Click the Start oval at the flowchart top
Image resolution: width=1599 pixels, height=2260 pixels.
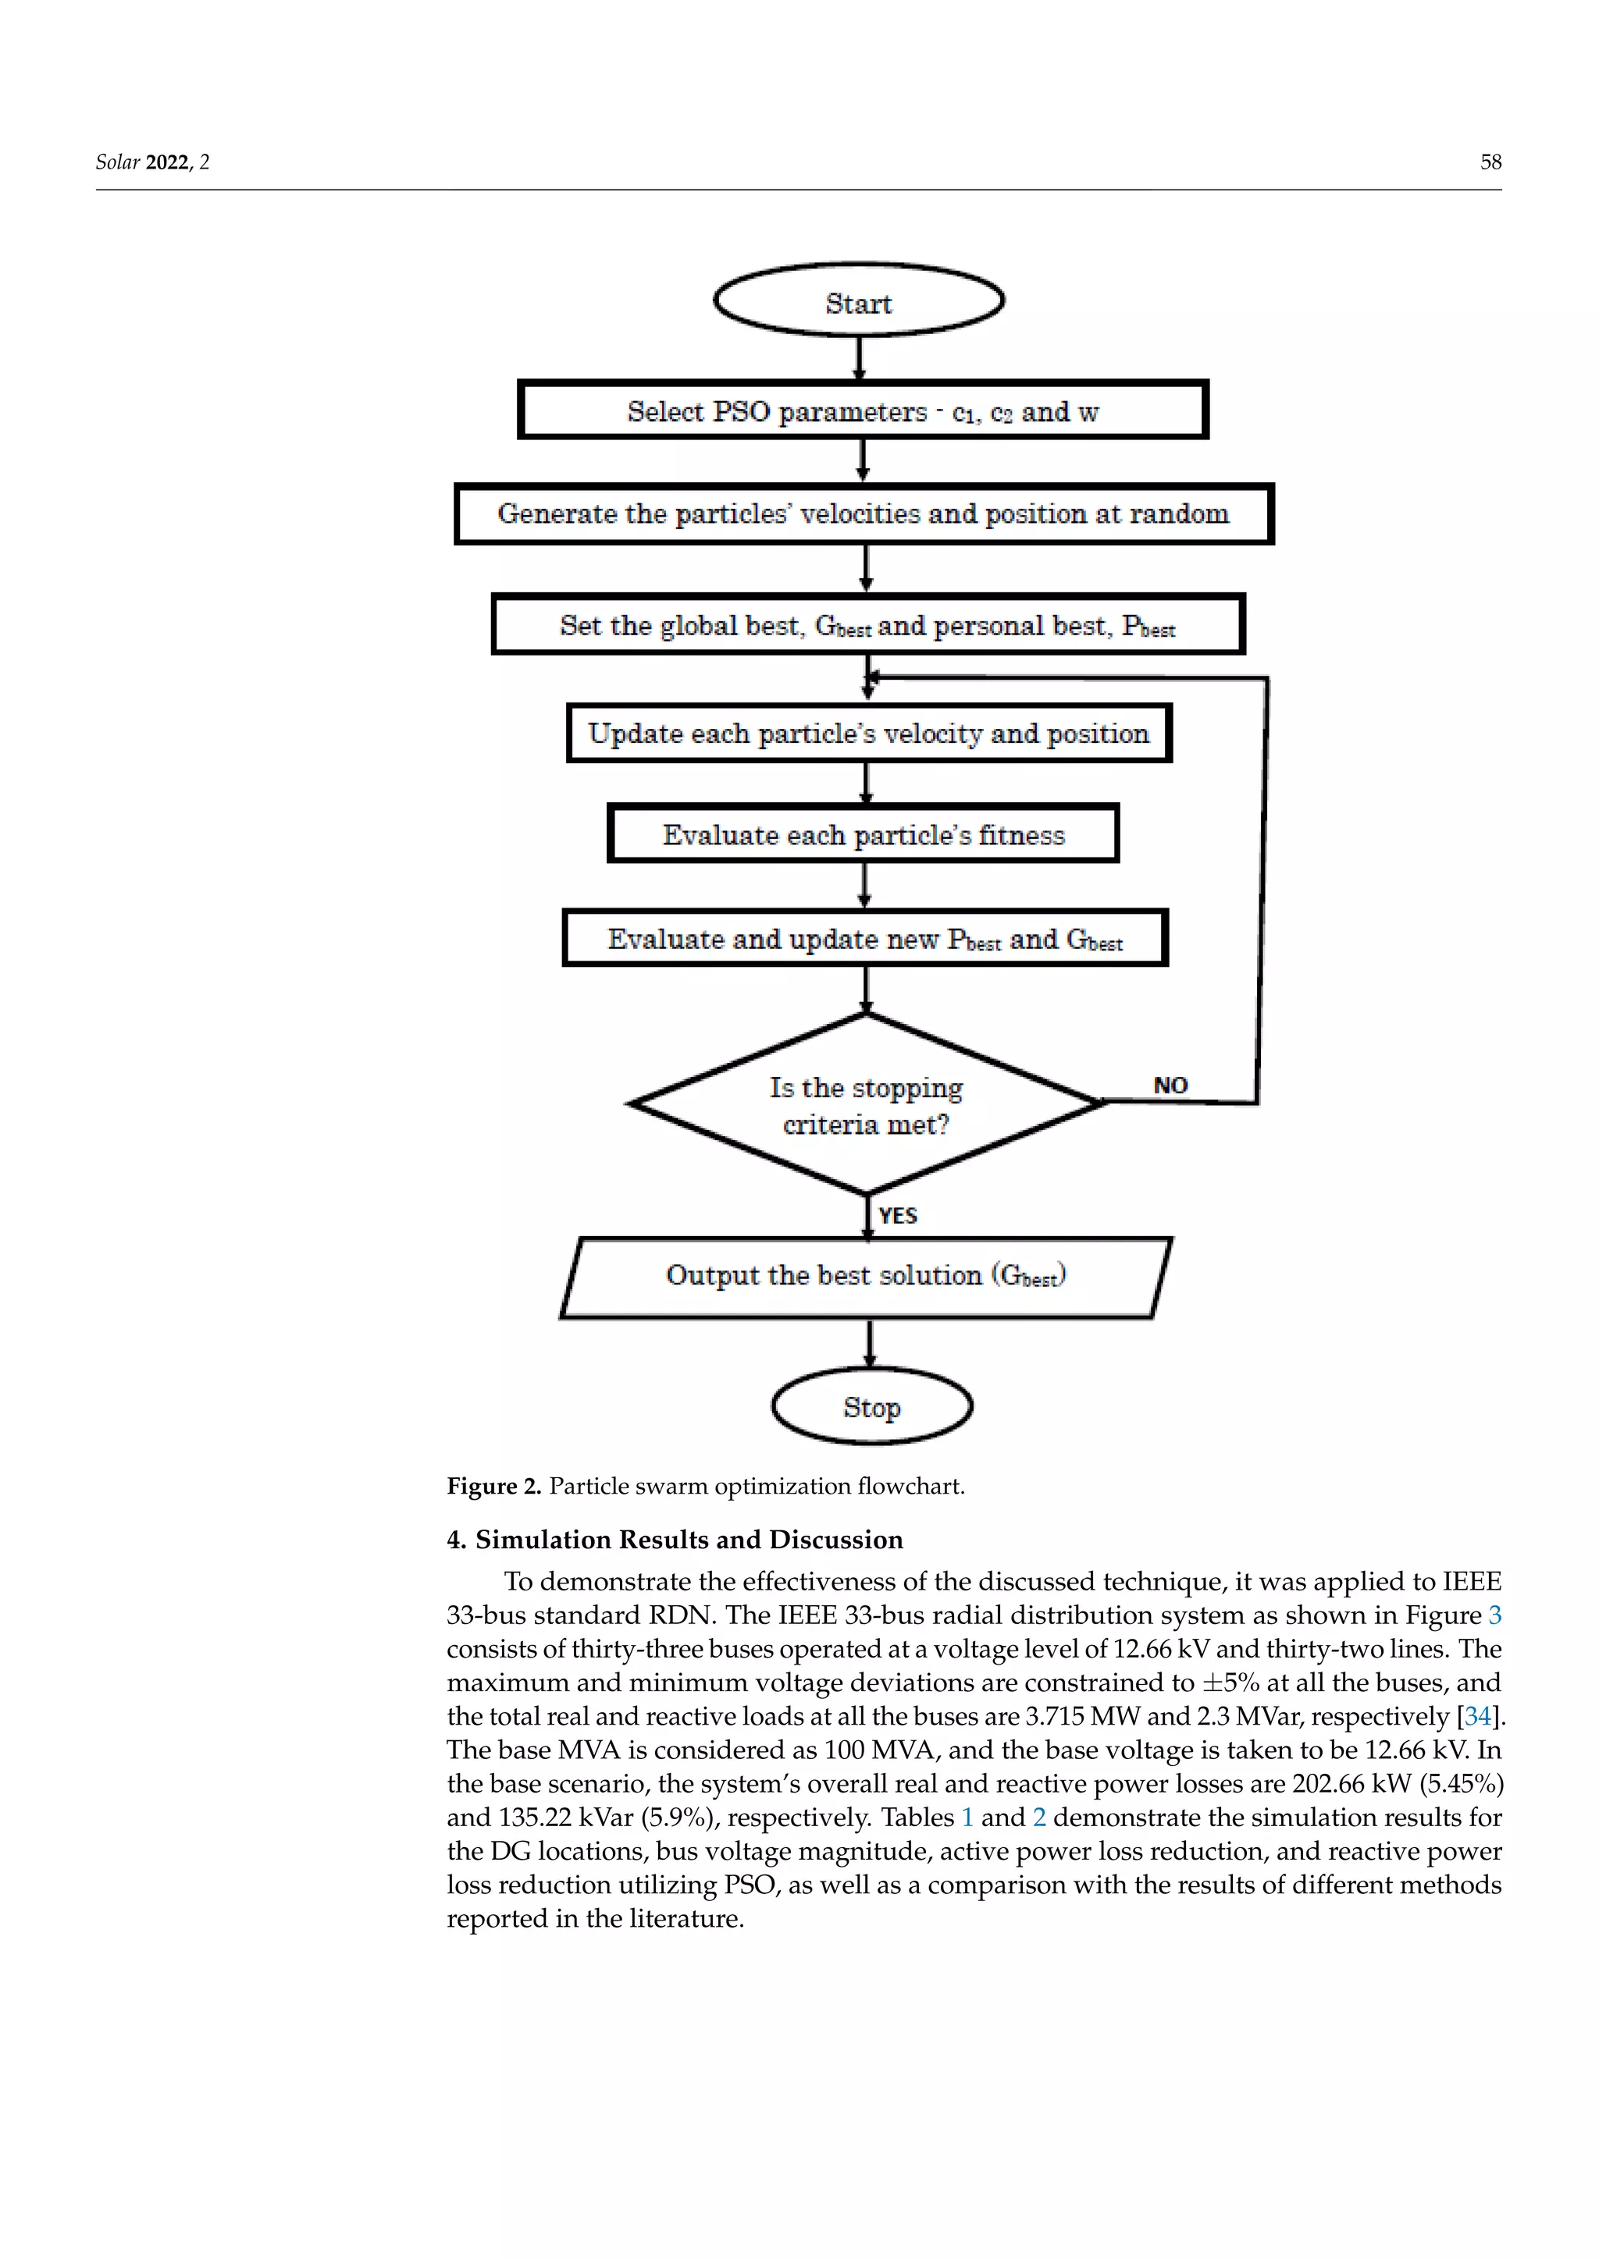tap(857, 301)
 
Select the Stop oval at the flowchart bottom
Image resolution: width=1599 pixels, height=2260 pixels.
tap(871, 1406)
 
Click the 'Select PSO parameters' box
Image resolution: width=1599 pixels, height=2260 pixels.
tap(863, 410)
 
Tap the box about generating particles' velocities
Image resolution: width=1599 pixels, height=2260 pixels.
tap(864, 513)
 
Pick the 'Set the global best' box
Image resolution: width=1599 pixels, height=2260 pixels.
tap(867, 625)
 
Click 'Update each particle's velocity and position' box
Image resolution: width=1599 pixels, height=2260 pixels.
tap(868, 734)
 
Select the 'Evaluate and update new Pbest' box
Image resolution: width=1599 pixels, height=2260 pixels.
tap(864, 939)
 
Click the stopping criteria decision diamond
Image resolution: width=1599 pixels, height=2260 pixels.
tap(865, 1104)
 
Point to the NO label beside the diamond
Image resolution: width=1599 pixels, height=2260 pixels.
tap(1170, 1085)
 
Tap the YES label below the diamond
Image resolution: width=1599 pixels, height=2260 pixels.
tap(897, 1216)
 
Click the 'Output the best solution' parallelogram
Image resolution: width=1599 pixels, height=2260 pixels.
tap(865, 1276)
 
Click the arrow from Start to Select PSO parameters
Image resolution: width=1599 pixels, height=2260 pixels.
tap(860, 358)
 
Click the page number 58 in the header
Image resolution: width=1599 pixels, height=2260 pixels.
tap(1490, 162)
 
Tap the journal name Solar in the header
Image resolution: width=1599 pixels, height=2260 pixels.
tap(118, 162)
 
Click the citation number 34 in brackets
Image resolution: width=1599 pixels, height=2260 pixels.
tap(1477, 1717)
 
